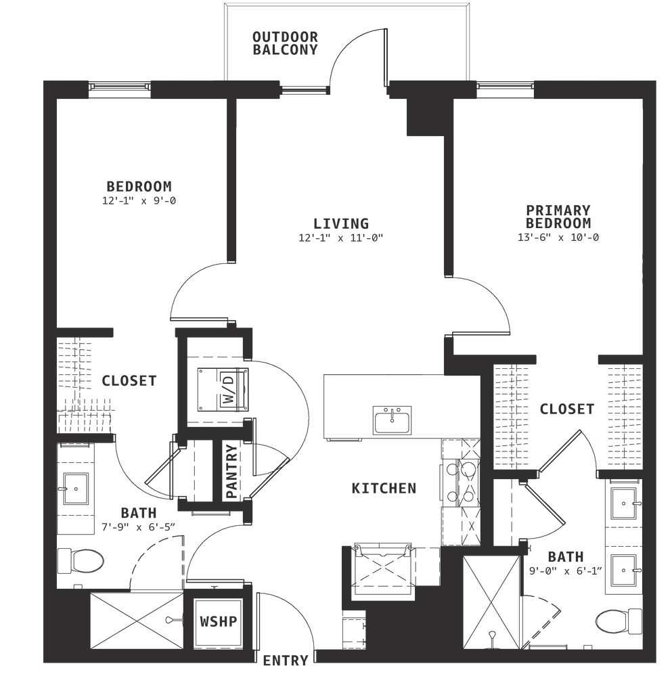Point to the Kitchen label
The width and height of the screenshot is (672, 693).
click(x=384, y=488)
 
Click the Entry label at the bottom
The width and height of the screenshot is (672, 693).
click(x=285, y=661)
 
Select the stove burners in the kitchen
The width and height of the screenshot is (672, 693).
click(x=460, y=483)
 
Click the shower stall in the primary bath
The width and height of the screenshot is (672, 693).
click(x=492, y=598)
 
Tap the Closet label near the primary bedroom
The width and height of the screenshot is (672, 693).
click(x=567, y=409)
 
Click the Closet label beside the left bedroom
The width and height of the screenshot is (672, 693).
click(x=129, y=381)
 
